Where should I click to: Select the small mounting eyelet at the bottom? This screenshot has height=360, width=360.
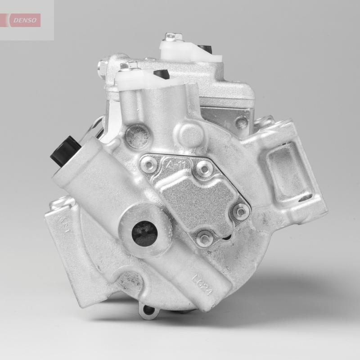147,310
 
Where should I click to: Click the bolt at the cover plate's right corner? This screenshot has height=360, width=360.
242,210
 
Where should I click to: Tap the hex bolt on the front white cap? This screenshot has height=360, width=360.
123,67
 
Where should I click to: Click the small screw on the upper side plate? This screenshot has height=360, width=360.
242,121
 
